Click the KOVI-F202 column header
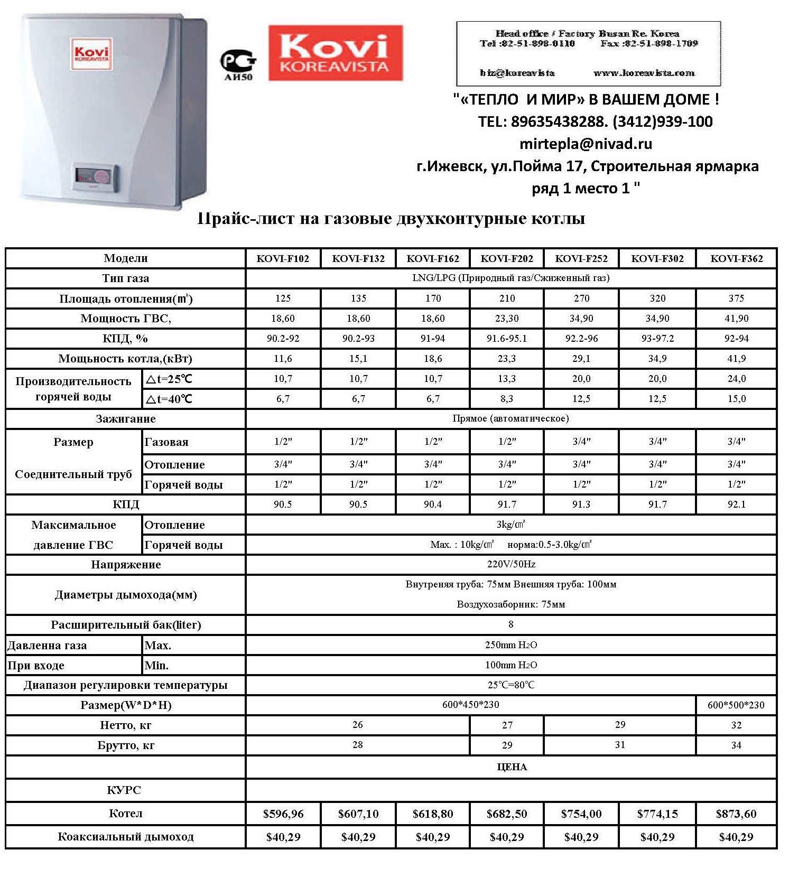(506, 258)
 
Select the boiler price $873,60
(736, 814)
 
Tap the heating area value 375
(736, 298)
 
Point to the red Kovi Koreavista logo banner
(335, 53)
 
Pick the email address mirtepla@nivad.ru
(586, 144)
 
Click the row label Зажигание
(126, 419)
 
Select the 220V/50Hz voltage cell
(511, 564)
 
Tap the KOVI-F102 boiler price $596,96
(283, 814)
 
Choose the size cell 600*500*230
(736, 705)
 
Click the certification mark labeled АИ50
(238, 66)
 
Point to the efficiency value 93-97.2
(657, 339)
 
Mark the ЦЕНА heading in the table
(512, 767)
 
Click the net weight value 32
(736, 725)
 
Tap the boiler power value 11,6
(283, 359)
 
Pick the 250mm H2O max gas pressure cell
(511, 645)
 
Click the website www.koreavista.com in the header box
(644, 73)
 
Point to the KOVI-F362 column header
(736, 258)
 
